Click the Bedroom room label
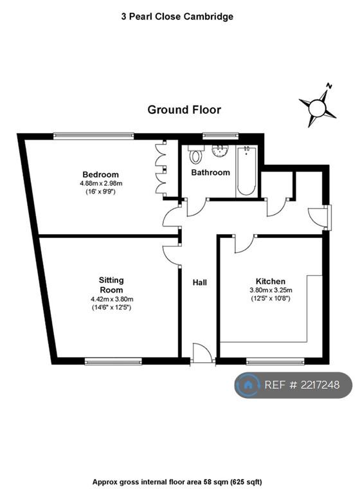tap(100, 174)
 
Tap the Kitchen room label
tap(270, 281)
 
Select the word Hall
tap(200, 282)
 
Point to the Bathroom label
tap(210, 172)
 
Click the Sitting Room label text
tap(111, 285)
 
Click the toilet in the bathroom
tap(195, 154)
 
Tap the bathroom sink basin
tap(220, 151)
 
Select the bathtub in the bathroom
tap(246, 170)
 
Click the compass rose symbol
tap(318, 107)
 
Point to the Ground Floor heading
tap(184, 109)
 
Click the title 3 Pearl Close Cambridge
tap(177, 16)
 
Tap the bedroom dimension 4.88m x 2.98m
tap(101, 183)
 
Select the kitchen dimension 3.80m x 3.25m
tap(271, 290)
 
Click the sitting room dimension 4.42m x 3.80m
tap(111, 299)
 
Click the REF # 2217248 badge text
tap(301, 385)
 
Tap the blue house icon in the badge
tap(248, 385)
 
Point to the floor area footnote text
tap(177, 482)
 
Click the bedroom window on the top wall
tap(94, 136)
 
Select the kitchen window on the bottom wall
tap(275, 361)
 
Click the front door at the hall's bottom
tap(203, 354)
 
